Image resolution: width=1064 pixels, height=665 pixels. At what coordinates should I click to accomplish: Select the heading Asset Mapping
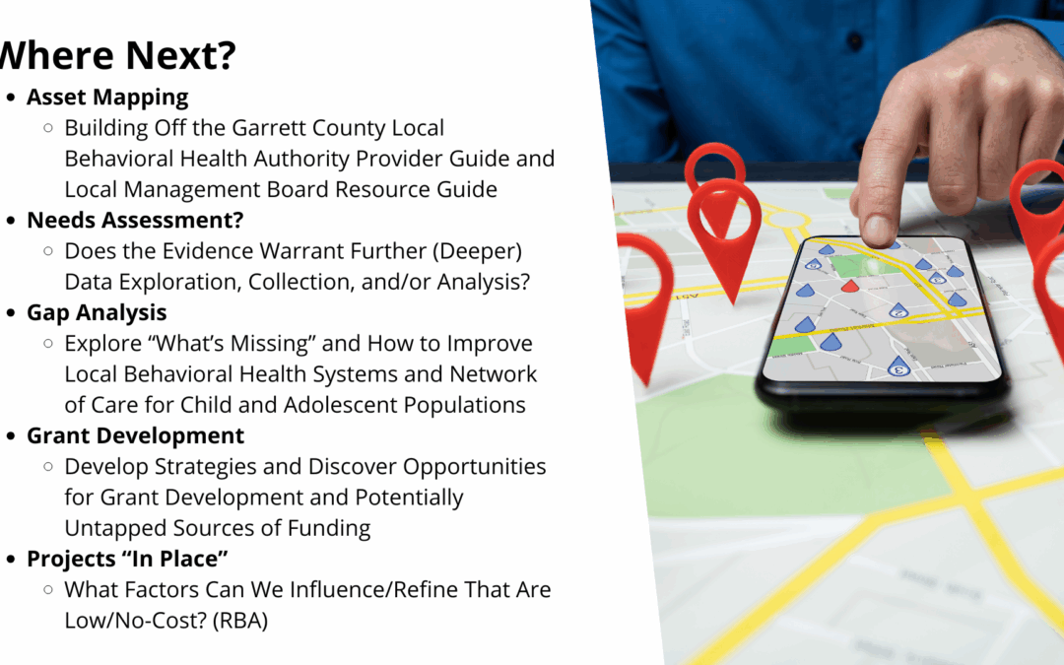pos(107,98)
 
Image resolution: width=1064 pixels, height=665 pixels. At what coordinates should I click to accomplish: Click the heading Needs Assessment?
pos(135,220)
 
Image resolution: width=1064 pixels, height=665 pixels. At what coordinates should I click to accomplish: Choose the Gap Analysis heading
pos(97,312)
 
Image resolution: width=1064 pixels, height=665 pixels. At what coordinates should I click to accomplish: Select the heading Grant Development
pos(135,435)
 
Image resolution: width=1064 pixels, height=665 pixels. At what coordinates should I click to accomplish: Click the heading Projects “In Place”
pos(128,559)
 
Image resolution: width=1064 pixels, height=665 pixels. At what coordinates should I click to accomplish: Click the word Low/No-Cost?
pos(132,620)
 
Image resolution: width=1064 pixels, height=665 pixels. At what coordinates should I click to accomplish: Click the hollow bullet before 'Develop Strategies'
pos(48,466)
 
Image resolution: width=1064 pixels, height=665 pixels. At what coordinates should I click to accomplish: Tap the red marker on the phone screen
pos(850,285)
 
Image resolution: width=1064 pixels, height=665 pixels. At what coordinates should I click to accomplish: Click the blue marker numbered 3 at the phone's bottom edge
pos(897,367)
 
